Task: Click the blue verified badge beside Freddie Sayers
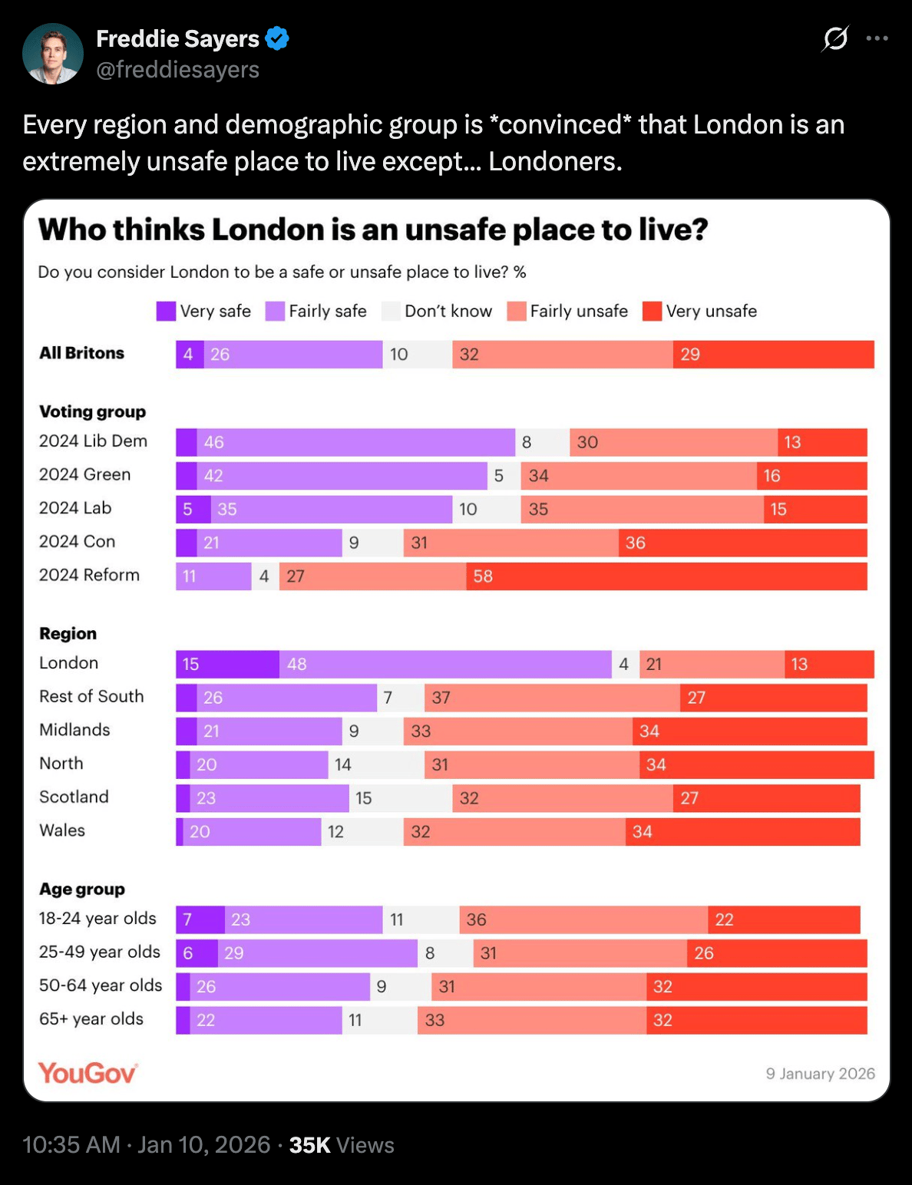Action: click(x=277, y=38)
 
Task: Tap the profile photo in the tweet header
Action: click(x=53, y=54)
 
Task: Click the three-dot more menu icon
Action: click(x=877, y=38)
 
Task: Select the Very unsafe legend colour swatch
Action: click(x=652, y=311)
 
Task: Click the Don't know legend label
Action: click(x=448, y=311)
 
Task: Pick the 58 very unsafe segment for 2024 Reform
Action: click(x=666, y=576)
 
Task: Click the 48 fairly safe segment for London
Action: click(x=445, y=664)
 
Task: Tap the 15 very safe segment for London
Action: click(x=227, y=664)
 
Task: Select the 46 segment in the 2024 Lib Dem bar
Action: click(x=355, y=442)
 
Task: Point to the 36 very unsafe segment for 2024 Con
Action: click(x=742, y=543)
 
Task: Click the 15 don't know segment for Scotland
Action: click(x=400, y=798)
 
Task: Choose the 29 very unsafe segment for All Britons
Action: click(x=773, y=354)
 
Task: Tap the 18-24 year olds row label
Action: click(x=97, y=919)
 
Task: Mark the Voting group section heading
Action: click(x=92, y=411)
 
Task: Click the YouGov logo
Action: click(x=88, y=1072)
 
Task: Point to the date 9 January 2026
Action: click(x=820, y=1074)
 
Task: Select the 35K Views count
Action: click(x=342, y=1145)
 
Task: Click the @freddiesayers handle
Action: click(x=177, y=70)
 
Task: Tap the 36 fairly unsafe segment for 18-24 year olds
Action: click(x=583, y=919)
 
